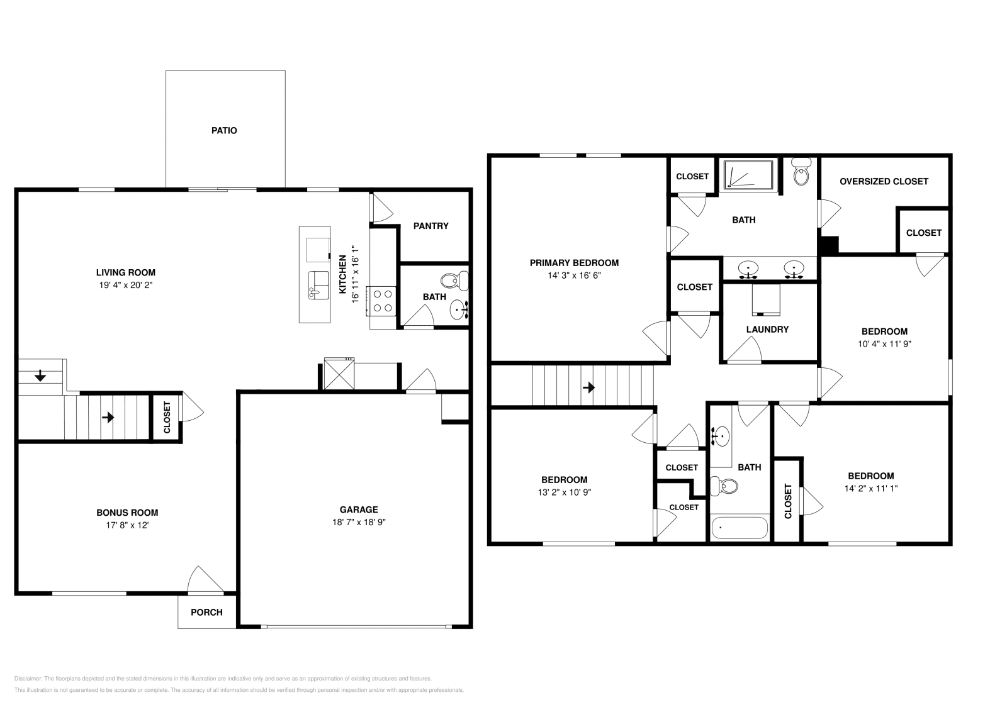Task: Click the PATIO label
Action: [x=224, y=131]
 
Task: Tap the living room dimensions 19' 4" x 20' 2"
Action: [x=125, y=285]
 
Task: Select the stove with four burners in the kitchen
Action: [x=383, y=300]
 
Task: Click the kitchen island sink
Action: [x=318, y=286]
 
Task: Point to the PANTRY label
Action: [x=430, y=226]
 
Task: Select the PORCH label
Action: [x=206, y=612]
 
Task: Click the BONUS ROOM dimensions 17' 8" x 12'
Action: [x=127, y=525]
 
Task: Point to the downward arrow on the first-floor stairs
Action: [x=40, y=376]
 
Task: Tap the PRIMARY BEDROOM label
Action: [x=574, y=263]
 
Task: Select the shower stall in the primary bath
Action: [x=748, y=174]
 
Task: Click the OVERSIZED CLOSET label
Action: [x=884, y=181]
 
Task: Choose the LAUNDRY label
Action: [x=767, y=329]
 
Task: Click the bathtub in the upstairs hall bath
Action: [x=740, y=528]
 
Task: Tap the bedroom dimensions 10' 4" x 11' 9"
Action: [x=884, y=344]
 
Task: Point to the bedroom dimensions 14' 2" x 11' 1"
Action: [x=870, y=488]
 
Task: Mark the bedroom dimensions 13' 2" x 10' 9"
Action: [x=564, y=492]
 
